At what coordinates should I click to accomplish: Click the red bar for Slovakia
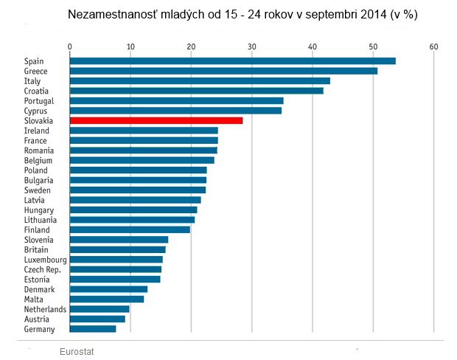[156, 120]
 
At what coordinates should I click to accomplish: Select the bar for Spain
[233, 61]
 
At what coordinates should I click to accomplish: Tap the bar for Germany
[93, 329]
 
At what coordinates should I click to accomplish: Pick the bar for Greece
[224, 71]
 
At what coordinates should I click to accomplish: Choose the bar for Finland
[130, 229]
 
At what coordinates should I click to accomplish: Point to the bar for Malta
[107, 299]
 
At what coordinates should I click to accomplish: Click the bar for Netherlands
[100, 309]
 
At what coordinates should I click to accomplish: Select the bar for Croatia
[197, 91]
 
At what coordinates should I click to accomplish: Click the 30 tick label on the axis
[252, 46]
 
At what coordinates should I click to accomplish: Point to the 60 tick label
[433, 46]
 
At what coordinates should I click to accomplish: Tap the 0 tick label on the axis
[70, 46]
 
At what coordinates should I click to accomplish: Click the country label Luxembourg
[46, 260]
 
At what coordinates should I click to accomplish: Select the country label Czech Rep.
[43, 270]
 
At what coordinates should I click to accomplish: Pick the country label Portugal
[39, 101]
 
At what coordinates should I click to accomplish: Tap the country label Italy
[32, 81]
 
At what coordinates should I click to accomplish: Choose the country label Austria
[37, 319]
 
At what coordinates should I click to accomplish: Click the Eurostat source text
[77, 352]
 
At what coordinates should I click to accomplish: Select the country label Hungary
[39, 210]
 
